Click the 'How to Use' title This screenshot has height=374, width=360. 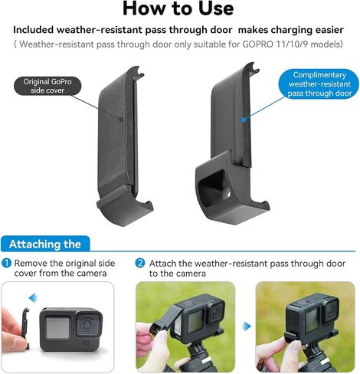[x=178, y=8]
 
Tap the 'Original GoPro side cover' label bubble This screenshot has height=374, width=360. [x=47, y=86]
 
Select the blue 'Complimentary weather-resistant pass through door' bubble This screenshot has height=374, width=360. [x=319, y=84]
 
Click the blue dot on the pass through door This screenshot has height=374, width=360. [x=244, y=119]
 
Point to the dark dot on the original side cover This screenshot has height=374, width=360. [x=121, y=119]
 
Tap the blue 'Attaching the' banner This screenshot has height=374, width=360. [x=45, y=244]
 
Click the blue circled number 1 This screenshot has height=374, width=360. [x=6, y=263]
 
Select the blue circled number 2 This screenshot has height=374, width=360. [x=140, y=263]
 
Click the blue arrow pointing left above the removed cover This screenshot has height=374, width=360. [x=33, y=297]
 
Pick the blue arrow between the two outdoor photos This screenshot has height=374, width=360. [x=246, y=326]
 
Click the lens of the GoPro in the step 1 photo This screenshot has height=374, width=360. [x=87, y=325]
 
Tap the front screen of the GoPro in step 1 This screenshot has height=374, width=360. [x=57, y=328]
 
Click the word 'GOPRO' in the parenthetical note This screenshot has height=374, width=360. [x=258, y=44]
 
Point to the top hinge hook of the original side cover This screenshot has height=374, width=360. [x=138, y=71]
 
